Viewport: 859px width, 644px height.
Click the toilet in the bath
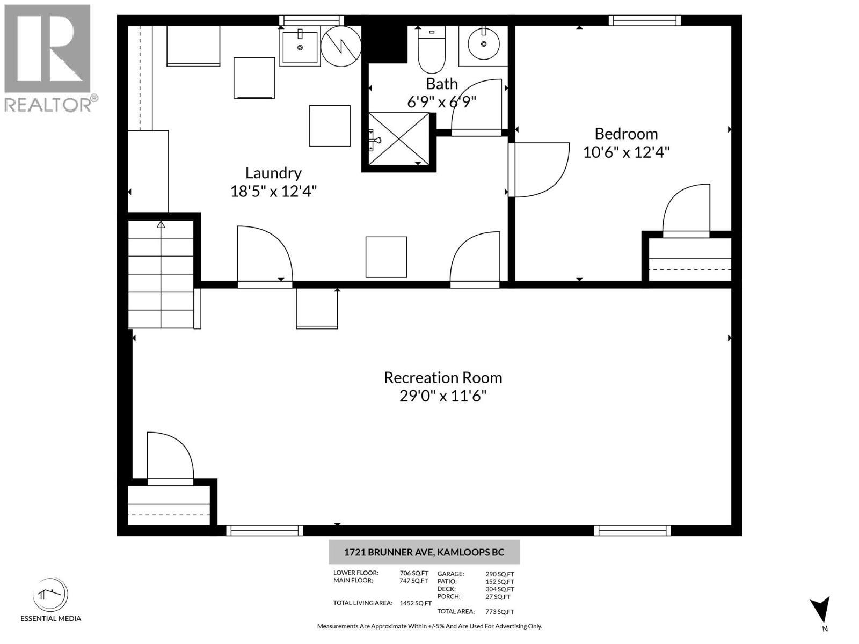point(432,51)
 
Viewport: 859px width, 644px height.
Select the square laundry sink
point(300,47)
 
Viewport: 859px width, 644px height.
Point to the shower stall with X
point(398,140)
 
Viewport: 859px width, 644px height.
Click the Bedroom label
point(626,134)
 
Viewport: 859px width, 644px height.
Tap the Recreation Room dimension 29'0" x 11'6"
point(443,396)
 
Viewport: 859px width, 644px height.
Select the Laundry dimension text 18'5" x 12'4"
point(273,191)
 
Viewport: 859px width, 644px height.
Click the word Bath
point(442,84)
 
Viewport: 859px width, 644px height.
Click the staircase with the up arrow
point(161,274)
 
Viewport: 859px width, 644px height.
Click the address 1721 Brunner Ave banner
point(424,552)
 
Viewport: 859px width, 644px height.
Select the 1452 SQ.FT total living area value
point(416,603)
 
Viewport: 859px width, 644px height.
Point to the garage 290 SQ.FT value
point(499,574)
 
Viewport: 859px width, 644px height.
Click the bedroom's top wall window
point(644,21)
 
